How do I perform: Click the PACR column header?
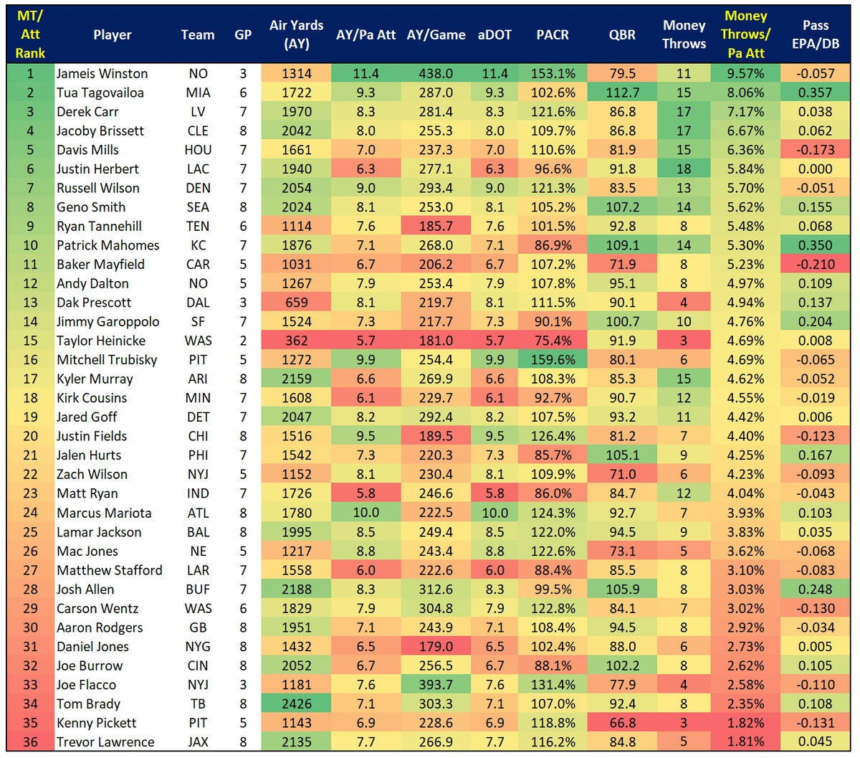click(553, 34)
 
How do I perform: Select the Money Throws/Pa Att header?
click(745, 34)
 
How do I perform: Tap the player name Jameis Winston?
click(102, 73)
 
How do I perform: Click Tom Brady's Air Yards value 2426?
click(297, 703)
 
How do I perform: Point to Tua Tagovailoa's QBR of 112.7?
click(622, 93)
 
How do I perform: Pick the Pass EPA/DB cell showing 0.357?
click(816, 93)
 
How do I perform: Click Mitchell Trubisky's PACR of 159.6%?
click(553, 360)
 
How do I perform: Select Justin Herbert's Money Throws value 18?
click(684, 169)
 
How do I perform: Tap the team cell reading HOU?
click(198, 150)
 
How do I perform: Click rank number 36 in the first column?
click(30, 742)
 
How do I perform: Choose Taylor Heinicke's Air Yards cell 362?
click(297, 341)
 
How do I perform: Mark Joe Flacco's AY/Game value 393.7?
click(436, 685)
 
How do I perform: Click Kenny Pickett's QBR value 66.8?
click(622, 723)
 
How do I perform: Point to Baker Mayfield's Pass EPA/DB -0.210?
click(816, 264)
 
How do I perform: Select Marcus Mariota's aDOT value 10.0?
click(494, 513)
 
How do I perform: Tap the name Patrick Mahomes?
click(107, 245)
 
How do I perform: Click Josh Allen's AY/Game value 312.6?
click(436, 589)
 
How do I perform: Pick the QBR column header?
click(622, 34)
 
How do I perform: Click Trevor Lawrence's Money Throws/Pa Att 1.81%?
click(745, 742)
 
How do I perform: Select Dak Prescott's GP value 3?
click(243, 303)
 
